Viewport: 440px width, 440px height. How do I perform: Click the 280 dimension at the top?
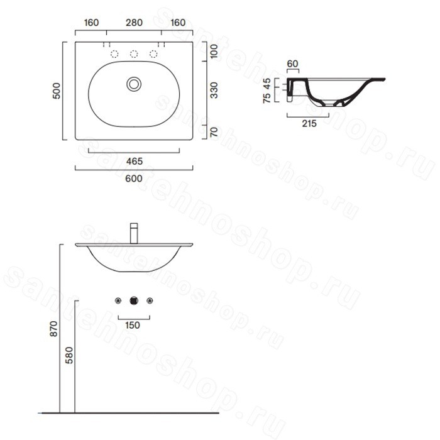[134, 23]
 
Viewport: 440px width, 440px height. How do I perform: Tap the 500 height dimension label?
[57, 91]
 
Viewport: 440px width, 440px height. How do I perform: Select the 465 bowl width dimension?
[135, 162]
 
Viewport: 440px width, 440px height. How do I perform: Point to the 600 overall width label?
[134, 179]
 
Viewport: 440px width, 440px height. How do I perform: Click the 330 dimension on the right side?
[214, 91]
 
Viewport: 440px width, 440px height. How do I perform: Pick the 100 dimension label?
[214, 52]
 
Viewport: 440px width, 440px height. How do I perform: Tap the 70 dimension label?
[214, 132]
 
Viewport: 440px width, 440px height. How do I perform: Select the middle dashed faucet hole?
[134, 54]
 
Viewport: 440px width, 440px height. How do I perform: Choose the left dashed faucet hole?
[114, 54]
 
